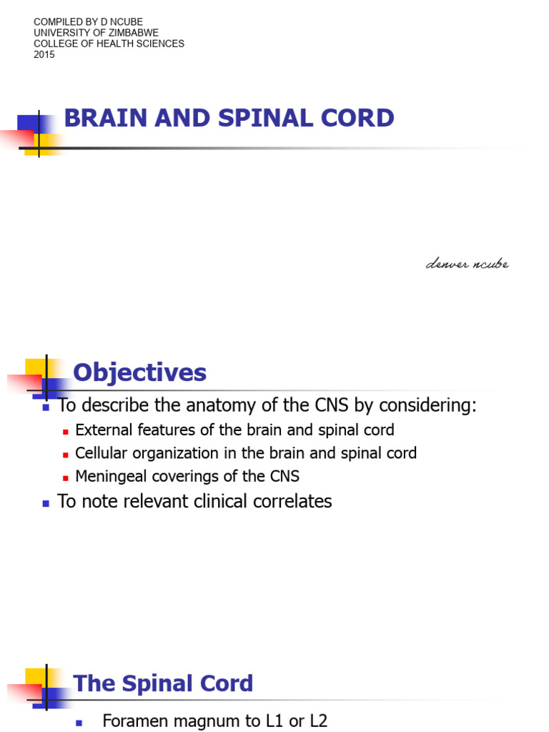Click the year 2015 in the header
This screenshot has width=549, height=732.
coord(44,54)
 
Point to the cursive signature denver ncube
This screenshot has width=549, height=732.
coord(467,264)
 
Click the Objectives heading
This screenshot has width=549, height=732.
coord(140,372)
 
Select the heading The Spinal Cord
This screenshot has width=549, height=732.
coord(163,683)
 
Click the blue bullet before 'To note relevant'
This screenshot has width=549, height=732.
coord(46,503)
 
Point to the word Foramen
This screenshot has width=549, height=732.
coord(133,721)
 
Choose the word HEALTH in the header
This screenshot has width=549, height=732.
coord(120,44)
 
